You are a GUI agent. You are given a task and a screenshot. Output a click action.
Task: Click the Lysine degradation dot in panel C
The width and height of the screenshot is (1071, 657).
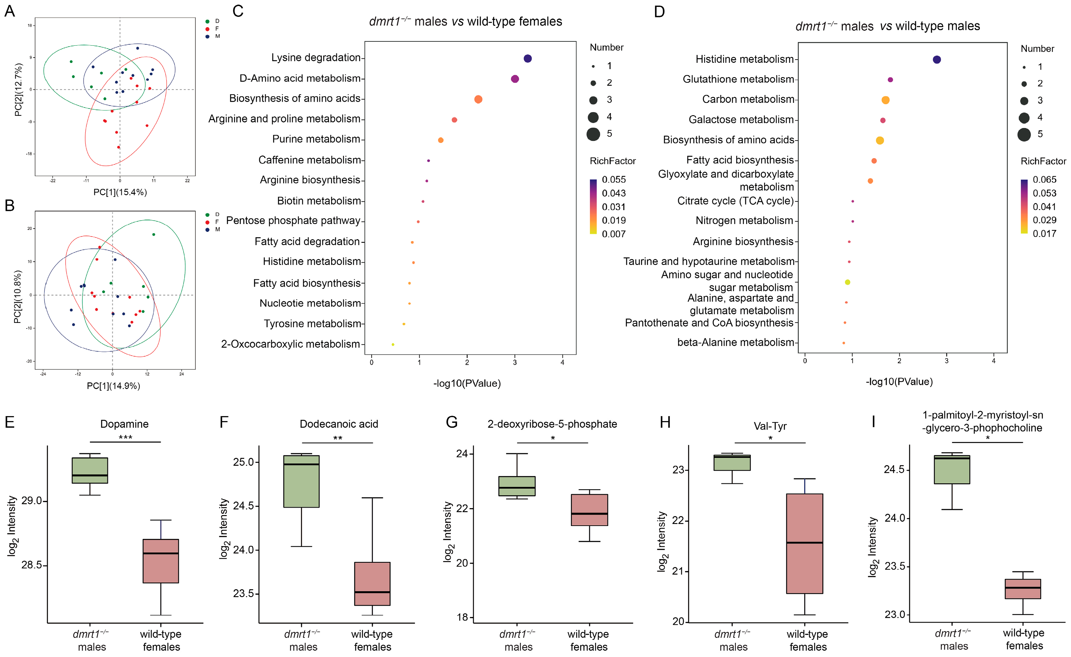[x=527, y=59]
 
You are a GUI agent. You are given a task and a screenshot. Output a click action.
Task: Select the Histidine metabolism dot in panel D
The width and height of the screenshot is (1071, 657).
[x=937, y=60]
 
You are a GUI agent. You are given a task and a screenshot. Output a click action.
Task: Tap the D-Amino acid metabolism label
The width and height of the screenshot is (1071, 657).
[x=300, y=78]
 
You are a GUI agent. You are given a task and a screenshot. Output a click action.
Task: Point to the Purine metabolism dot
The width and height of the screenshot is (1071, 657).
[x=441, y=140]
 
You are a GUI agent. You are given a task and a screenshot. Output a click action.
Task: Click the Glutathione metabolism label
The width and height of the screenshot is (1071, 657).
[x=738, y=79]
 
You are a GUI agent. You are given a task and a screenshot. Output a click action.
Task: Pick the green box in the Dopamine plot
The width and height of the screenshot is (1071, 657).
[x=90, y=470]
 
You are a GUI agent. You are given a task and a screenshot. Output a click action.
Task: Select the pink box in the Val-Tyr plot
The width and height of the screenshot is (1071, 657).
[x=804, y=544]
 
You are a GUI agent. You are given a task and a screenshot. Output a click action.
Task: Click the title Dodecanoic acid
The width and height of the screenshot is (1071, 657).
[x=339, y=424]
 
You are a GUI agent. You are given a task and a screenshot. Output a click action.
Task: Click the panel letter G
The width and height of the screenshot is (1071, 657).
[x=452, y=422]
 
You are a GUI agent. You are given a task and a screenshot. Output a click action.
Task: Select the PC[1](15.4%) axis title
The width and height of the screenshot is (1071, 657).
[x=120, y=192]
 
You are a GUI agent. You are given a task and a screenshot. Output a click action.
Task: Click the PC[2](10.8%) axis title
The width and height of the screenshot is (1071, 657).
[x=18, y=297]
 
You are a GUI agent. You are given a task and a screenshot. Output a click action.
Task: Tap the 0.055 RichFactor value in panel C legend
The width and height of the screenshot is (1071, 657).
[x=614, y=180]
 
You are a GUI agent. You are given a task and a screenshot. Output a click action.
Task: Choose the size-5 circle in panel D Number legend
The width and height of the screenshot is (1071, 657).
[x=1024, y=134]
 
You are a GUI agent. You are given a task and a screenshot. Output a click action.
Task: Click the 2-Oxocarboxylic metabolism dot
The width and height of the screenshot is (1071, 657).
[x=393, y=344]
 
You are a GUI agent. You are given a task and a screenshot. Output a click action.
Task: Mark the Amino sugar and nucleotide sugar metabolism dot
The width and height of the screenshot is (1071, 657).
[x=847, y=282]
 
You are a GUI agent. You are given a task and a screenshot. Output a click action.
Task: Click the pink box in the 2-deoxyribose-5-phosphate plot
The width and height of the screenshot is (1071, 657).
[x=590, y=510]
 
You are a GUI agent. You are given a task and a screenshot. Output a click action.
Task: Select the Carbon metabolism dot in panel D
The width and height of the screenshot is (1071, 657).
[x=886, y=100]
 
